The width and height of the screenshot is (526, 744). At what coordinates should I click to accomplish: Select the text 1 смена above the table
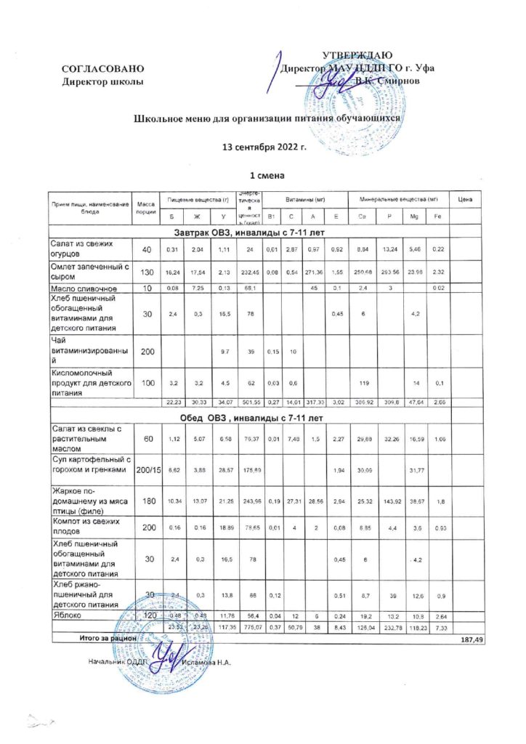pyautogui.click(x=262, y=177)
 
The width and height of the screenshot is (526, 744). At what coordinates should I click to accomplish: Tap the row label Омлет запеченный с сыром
pyautogui.click(x=89, y=272)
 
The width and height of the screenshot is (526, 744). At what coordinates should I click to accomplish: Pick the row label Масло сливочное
pyautogui.click(x=84, y=288)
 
